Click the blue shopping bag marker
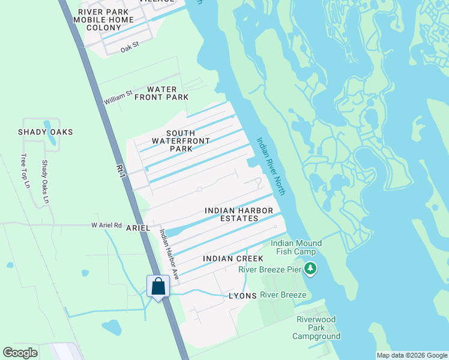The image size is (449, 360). coord(158,286)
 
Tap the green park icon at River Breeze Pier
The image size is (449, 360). coord(310,268)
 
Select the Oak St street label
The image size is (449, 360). coord(129,47)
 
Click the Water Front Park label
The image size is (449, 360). coord(161,93)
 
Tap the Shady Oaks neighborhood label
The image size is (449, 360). coord(45,132)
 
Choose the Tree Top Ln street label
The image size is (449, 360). coord(25,171)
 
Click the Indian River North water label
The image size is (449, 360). coord(270,166)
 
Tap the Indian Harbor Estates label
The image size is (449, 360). coord(239,215)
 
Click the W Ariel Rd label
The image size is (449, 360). coord(106,226)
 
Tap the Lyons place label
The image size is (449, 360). coord(243,296)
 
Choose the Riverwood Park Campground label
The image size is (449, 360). coord(316,328)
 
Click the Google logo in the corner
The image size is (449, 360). coord(20,353)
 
